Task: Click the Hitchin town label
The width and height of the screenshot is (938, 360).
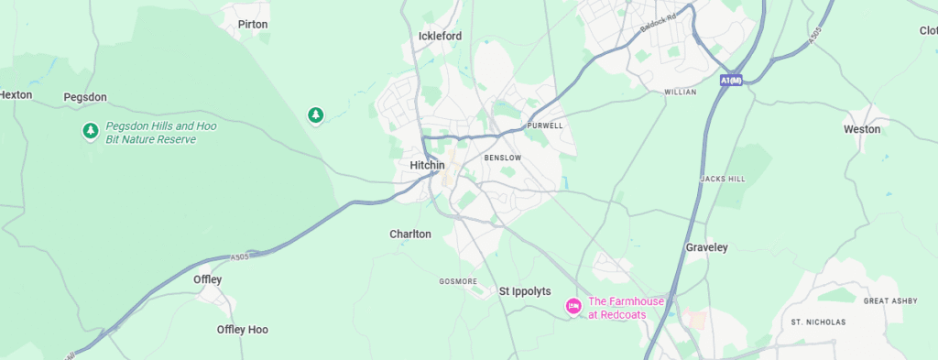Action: click(x=428, y=165)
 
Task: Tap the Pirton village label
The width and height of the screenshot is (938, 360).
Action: click(x=253, y=25)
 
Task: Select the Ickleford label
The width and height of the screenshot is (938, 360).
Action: click(x=440, y=37)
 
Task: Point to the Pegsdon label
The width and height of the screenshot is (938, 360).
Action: click(x=85, y=97)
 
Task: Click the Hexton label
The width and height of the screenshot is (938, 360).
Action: click(x=16, y=94)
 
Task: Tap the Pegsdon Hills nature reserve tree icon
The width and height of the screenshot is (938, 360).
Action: click(x=90, y=132)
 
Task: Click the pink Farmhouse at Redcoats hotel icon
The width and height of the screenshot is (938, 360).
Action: click(x=573, y=306)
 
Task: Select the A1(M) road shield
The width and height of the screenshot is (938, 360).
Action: click(x=731, y=81)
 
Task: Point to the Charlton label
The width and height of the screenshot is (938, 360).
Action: click(x=410, y=235)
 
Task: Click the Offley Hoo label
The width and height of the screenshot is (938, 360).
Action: click(x=243, y=330)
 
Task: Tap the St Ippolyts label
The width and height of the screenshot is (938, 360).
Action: click(x=525, y=291)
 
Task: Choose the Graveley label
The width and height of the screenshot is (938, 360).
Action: click(x=706, y=248)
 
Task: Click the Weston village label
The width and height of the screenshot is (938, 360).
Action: click(x=862, y=130)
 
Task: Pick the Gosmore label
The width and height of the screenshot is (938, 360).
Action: click(x=458, y=281)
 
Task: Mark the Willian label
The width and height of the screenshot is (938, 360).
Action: click(x=681, y=93)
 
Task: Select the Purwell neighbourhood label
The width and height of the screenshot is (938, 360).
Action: click(x=545, y=125)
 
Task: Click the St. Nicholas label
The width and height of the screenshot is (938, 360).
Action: click(x=819, y=322)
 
